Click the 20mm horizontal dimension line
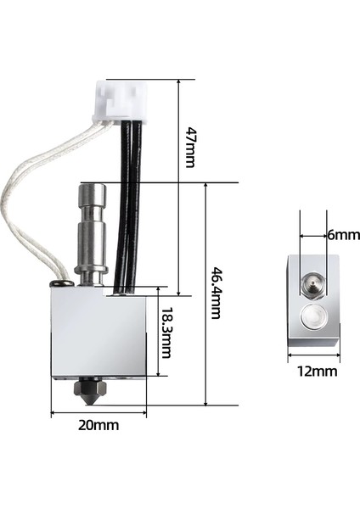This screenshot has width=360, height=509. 101,413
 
